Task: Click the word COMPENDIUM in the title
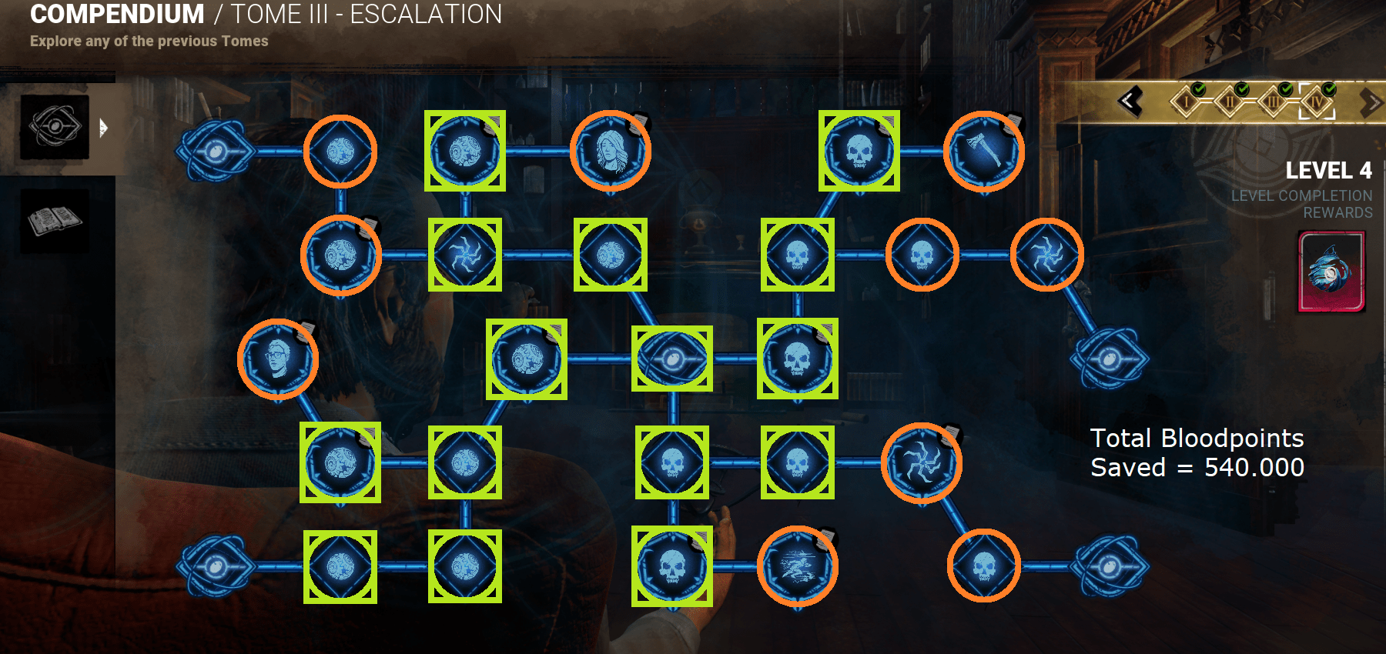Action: [x=117, y=14]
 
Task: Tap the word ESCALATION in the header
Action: [x=426, y=14]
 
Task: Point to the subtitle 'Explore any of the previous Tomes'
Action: [x=149, y=41]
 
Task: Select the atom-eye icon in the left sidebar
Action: [x=55, y=127]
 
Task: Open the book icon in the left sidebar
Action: [x=55, y=221]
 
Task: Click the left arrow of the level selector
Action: [x=1130, y=102]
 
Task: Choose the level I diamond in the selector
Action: [x=1187, y=102]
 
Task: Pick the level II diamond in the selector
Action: [x=1230, y=102]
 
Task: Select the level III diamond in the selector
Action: [x=1274, y=102]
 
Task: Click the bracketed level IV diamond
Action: [x=1317, y=102]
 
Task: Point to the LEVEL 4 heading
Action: [x=1328, y=170]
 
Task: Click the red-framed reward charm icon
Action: [x=1331, y=272]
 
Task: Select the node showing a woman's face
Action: [x=611, y=151]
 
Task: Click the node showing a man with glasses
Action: [x=278, y=359]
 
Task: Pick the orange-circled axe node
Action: [x=984, y=151]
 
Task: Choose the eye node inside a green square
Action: [x=672, y=359]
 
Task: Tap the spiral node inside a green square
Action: [x=465, y=255]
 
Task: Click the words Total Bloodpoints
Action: [x=1197, y=438]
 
